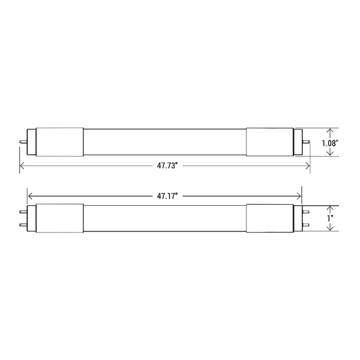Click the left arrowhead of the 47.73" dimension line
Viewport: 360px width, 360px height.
pyautogui.click(x=22, y=166)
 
